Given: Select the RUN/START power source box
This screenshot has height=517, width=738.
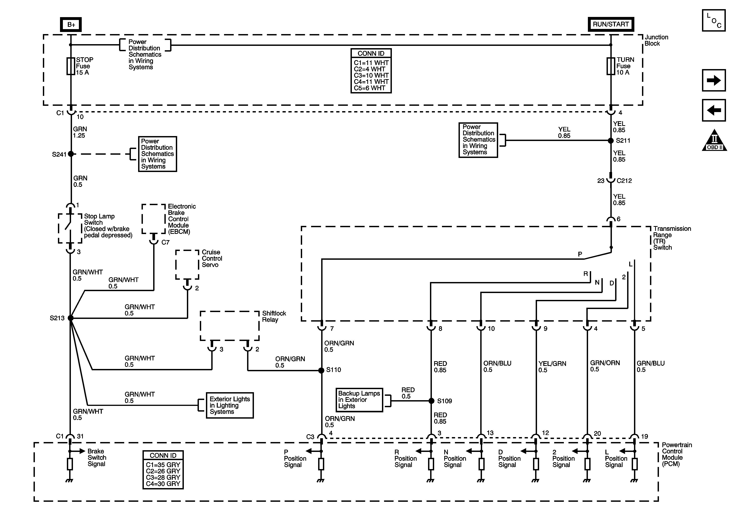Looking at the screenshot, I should (611, 24).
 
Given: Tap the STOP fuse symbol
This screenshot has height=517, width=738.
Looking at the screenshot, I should (71, 66).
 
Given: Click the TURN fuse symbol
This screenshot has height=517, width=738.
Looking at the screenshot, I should (611, 66).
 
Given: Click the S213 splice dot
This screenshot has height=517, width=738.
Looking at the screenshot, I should (71, 318).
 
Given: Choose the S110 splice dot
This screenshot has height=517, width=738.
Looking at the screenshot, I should (321, 370).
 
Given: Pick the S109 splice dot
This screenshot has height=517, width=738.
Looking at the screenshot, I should (431, 401).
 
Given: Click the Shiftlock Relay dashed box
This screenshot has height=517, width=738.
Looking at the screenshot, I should (230, 326).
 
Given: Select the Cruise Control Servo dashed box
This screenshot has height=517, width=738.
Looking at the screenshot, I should (187, 265).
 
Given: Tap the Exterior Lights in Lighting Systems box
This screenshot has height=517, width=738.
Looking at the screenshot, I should (230, 405).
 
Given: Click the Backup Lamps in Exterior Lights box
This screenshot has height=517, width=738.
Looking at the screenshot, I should (359, 400).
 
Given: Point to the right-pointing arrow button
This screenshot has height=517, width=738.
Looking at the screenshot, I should (714, 80).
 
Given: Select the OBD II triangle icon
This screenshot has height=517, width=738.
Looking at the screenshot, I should (714, 141).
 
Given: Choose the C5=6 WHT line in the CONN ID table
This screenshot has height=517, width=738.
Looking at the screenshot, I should (370, 88).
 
